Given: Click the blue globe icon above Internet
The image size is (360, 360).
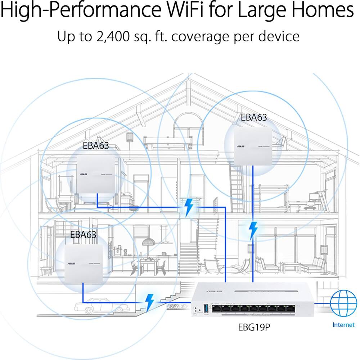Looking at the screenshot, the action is click(343, 303).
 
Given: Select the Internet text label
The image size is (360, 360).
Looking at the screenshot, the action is click(343, 325).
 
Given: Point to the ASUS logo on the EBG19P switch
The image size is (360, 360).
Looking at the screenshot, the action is click(215, 291).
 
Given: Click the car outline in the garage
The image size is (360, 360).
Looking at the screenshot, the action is click(102, 305).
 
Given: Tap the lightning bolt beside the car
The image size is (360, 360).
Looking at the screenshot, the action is click(149, 302).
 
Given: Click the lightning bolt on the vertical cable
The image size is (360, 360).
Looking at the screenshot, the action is click(253, 230).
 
